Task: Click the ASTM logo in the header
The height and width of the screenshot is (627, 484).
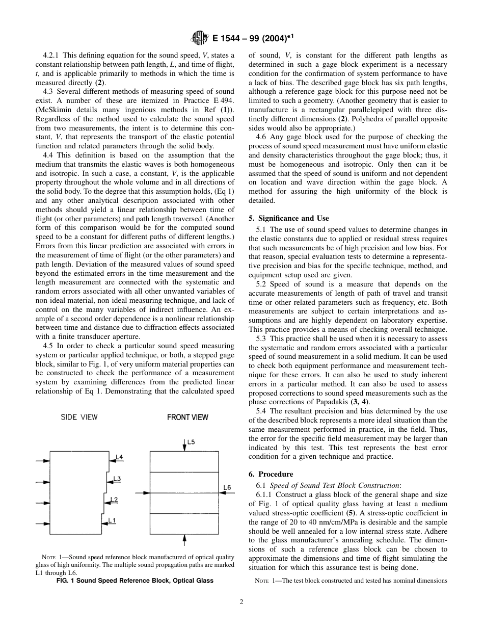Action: click(197, 38)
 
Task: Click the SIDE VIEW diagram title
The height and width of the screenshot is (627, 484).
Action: click(79, 417)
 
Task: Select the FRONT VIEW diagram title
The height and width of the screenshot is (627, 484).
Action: click(187, 417)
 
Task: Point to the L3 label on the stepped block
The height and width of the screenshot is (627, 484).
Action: click(117, 479)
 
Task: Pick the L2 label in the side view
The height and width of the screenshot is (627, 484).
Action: click(114, 500)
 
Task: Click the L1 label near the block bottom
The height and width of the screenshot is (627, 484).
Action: click(112, 520)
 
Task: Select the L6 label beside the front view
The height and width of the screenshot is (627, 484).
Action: click(227, 488)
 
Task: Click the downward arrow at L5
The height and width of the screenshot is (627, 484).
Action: click(184, 445)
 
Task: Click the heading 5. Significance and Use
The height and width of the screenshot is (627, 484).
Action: click(288, 218)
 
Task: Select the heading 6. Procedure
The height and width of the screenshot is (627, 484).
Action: click(271, 474)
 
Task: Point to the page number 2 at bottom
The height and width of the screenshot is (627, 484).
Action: click(241, 602)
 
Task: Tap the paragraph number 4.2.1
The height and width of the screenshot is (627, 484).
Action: click(52, 56)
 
